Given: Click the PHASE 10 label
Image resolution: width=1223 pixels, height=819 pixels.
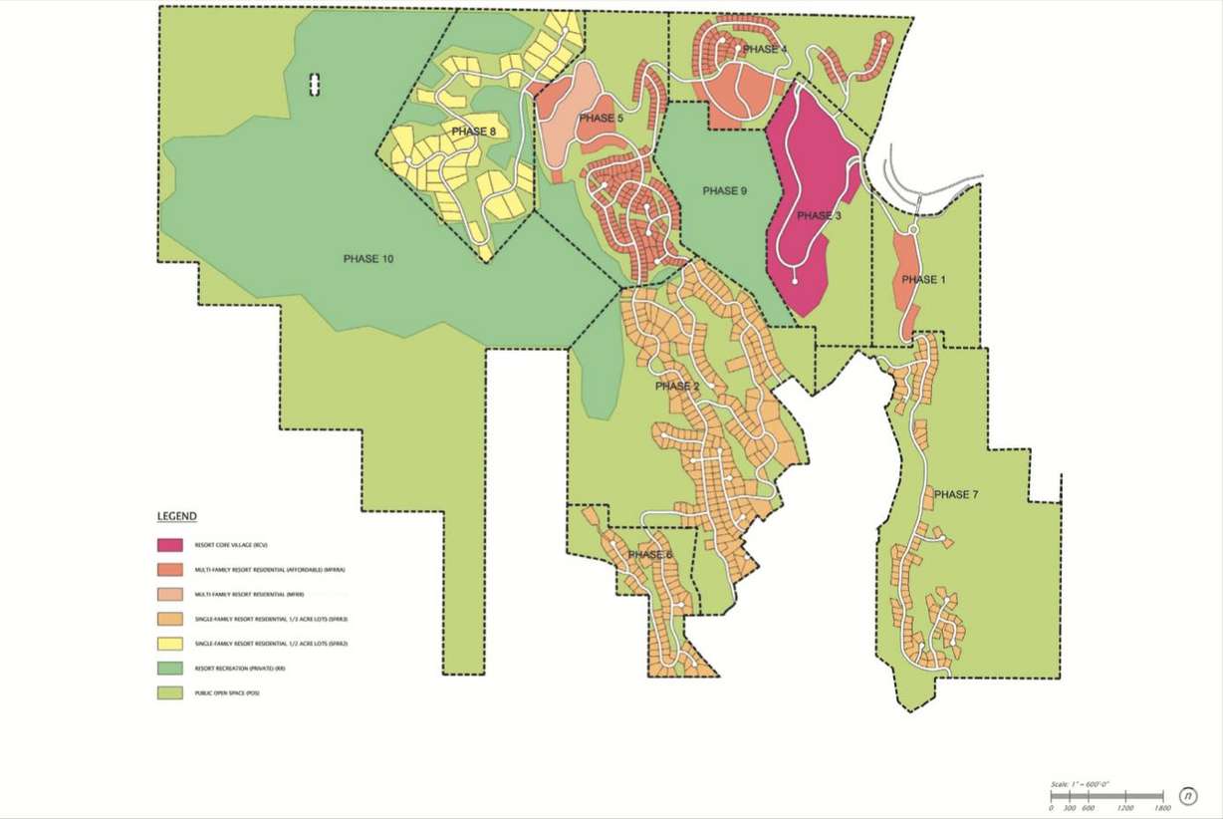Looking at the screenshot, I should point(368,259).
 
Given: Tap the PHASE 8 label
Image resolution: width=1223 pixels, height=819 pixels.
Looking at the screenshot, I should point(473,132).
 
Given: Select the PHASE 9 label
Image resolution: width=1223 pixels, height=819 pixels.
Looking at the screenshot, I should point(724,191).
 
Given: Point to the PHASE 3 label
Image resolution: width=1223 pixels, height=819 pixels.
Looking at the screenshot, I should point(820,216).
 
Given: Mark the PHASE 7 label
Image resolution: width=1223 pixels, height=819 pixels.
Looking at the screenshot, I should point(957,495).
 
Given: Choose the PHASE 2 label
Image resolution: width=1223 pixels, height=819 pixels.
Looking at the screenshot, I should point(677,386).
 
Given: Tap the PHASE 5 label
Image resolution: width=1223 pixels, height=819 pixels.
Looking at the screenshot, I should point(601,119).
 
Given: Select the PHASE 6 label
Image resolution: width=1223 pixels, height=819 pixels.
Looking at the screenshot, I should point(650,555).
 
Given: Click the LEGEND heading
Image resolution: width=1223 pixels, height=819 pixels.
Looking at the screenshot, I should point(176,516).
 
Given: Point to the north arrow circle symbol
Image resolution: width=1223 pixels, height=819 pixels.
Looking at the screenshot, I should point(1187,795).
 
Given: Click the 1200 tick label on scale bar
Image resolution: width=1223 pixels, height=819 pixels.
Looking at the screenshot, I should point(1125,808).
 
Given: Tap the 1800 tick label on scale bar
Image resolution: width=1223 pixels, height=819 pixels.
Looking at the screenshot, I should point(1161,808).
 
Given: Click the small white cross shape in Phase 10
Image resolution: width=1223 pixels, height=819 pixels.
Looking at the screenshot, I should point(316,85).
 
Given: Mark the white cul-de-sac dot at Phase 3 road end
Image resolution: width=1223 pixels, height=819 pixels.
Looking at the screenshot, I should point(795,282).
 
